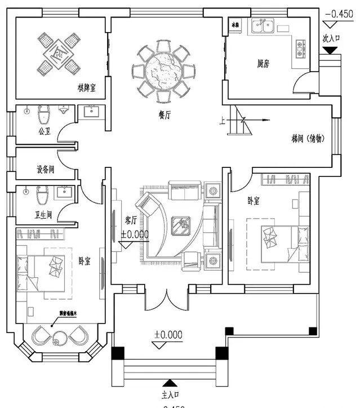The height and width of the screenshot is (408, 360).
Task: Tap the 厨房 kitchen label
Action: point(263,64)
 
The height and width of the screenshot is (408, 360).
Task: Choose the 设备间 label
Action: point(33,169)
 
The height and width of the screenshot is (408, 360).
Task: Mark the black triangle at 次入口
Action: point(330,51)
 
